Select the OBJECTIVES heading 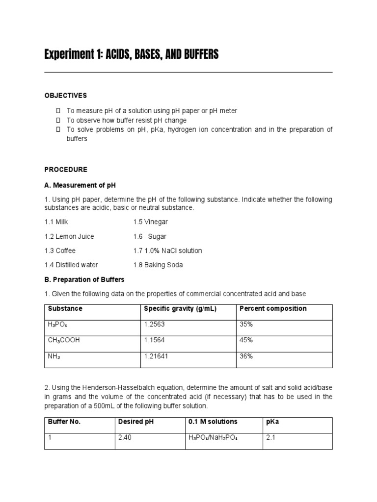point(66,96)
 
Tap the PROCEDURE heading point(66,170)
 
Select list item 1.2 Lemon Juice point(69,236)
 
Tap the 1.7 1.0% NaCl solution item point(167,251)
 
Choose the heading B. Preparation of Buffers point(84,279)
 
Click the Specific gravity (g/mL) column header point(180,309)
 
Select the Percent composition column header point(273,309)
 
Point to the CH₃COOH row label point(64,340)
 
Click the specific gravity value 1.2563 point(155,325)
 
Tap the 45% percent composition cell point(246,340)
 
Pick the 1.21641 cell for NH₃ point(156,356)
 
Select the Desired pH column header point(136,422)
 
